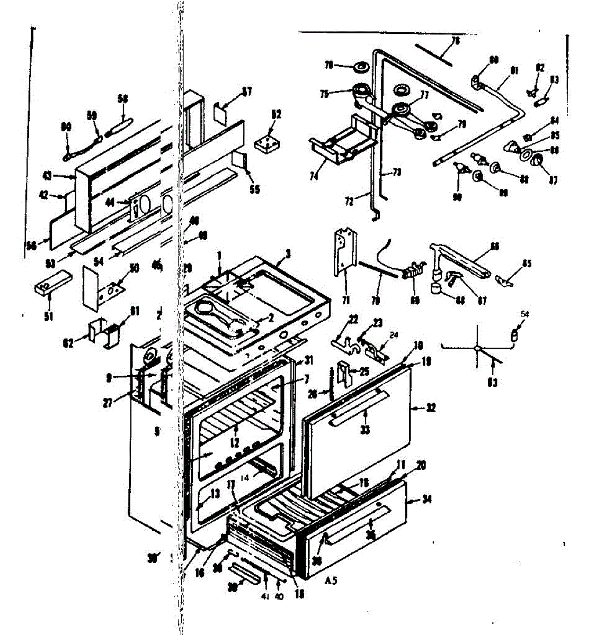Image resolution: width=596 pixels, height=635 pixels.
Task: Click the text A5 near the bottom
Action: [331, 580]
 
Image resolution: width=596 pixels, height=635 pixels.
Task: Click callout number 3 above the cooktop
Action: [287, 253]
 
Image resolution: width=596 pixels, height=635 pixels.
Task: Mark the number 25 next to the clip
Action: [363, 371]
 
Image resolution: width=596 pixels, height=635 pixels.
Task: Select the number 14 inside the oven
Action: [244, 477]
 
